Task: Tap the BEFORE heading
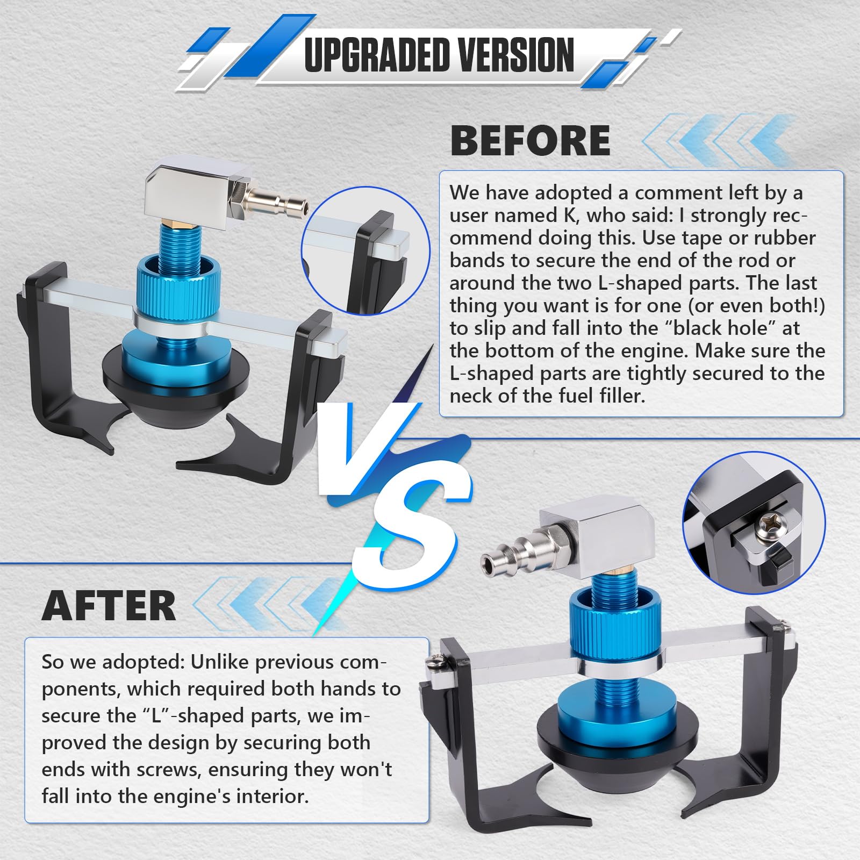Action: pyautogui.click(x=530, y=140)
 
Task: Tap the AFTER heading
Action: pyautogui.click(x=109, y=606)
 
